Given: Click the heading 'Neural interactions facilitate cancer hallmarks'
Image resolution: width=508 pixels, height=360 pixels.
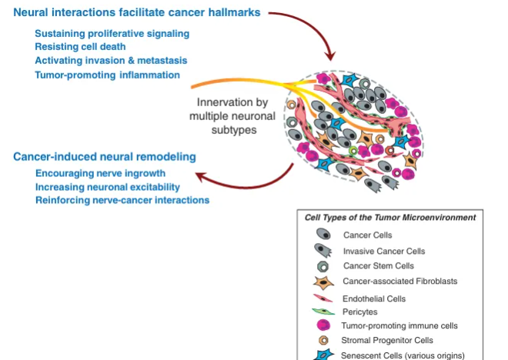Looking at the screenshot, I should (x=135, y=13).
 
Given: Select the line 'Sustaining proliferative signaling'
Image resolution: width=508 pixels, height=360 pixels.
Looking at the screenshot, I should (x=112, y=34).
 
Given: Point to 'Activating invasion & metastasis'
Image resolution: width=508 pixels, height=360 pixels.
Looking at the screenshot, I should (x=111, y=61).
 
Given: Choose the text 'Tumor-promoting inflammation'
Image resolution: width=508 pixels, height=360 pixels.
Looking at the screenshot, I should (x=108, y=75).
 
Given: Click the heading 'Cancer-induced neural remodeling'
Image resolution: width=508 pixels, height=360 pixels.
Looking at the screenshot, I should (x=105, y=157).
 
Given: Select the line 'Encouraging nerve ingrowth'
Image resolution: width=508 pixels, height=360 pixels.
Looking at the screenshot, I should (x=97, y=174).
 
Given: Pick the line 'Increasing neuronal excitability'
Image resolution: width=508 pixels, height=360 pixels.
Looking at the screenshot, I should (x=108, y=187).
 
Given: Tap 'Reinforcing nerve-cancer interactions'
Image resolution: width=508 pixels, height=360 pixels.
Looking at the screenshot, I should (x=122, y=200).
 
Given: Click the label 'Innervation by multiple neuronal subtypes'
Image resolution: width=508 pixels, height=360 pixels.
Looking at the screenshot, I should (x=230, y=115).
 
